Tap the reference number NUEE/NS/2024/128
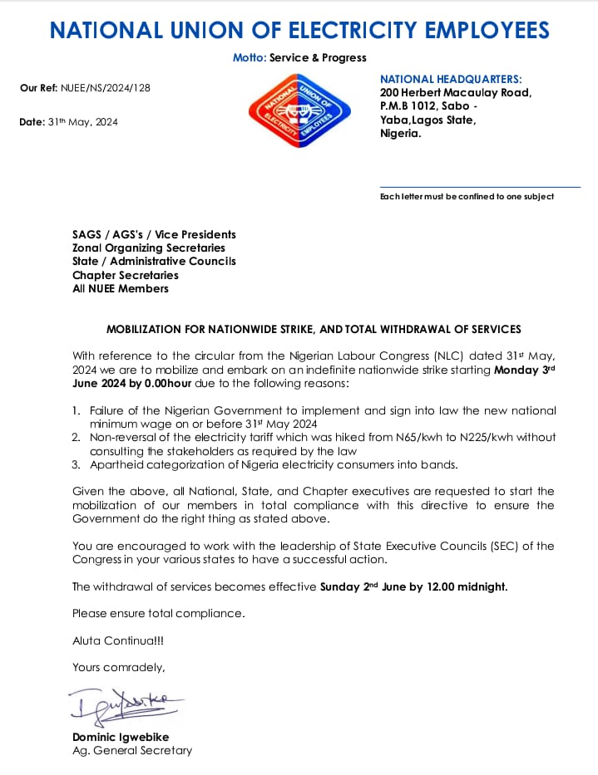pos(107,88)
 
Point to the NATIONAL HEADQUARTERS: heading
pos(451,79)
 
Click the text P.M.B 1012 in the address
pos(412,106)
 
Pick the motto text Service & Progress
pos(318,58)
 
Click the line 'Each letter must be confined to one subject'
pos(467,197)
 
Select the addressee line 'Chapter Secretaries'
pos(126,275)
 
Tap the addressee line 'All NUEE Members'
pos(121,288)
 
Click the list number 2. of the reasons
pos(76,437)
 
